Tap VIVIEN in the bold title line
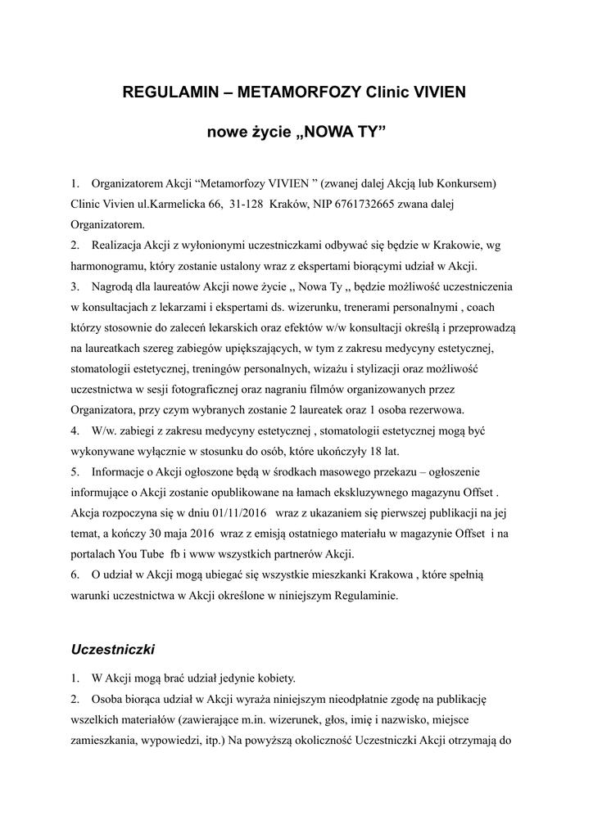(x=435, y=92)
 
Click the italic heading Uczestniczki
(x=113, y=649)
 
